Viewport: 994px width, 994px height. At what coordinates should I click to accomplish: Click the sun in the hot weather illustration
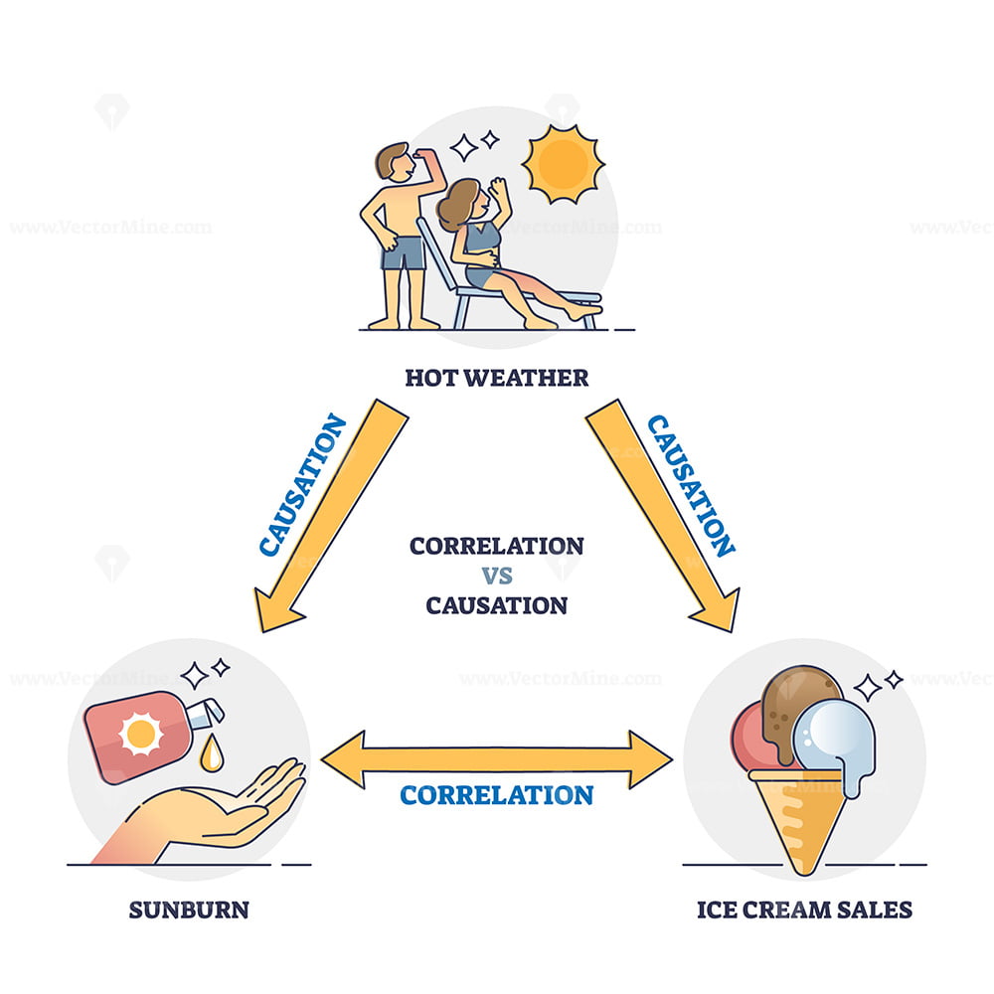pyautogui.click(x=563, y=164)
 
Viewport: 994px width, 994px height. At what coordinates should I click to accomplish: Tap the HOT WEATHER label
pyautogui.click(x=496, y=378)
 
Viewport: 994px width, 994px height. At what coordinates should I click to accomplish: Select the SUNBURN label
pyautogui.click(x=189, y=910)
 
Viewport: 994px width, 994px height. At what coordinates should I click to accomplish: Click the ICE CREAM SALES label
pyautogui.click(x=804, y=910)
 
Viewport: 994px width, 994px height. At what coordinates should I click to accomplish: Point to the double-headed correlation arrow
pyautogui.click(x=496, y=758)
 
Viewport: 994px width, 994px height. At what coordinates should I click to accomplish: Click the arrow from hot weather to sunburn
pyautogui.click(x=330, y=515)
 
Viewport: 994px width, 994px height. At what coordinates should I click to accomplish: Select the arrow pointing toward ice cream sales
pyautogui.click(x=663, y=515)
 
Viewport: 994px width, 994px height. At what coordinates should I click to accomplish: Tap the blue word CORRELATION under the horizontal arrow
pyautogui.click(x=496, y=795)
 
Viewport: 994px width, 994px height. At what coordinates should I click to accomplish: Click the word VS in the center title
pyautogui.click(x=497, y=576)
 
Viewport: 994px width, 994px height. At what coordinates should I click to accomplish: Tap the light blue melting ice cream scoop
pyautogui.click(x=836, y=742)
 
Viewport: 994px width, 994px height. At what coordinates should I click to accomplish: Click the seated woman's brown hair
pyautogui.click(x=456, y=203)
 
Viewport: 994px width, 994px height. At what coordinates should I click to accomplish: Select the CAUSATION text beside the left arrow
pyautogui.click(x=303, y=486)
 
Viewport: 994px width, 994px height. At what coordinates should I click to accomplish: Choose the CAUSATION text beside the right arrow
pyautogui.click(x=691, y=486)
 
